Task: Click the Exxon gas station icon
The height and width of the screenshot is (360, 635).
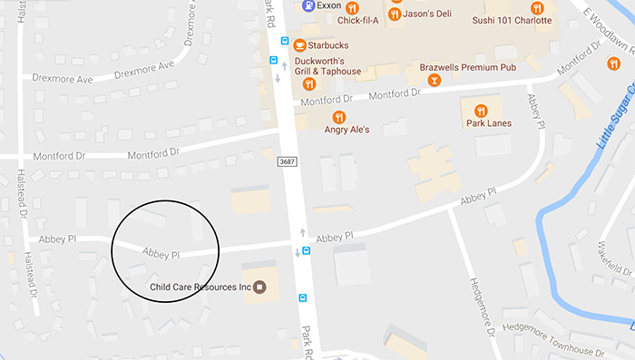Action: point(309,5)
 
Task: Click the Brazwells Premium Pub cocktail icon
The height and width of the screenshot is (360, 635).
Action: point(435,81)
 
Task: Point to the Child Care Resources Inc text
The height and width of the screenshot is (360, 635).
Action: point(200,288)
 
